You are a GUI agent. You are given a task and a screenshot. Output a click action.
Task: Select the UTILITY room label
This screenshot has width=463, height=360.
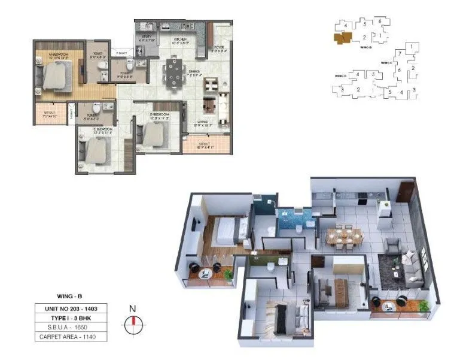(147, 39)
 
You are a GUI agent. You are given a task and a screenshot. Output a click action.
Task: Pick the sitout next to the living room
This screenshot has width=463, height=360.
(206, 145)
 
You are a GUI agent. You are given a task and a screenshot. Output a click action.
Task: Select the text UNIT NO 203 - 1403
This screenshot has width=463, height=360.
(74, 308)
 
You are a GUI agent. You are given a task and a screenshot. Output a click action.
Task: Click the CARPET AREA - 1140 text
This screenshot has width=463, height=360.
(74, 337)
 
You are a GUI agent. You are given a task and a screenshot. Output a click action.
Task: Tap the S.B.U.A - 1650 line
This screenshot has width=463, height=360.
(74, 327)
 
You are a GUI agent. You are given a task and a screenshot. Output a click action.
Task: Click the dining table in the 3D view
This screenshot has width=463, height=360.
(344, 235)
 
